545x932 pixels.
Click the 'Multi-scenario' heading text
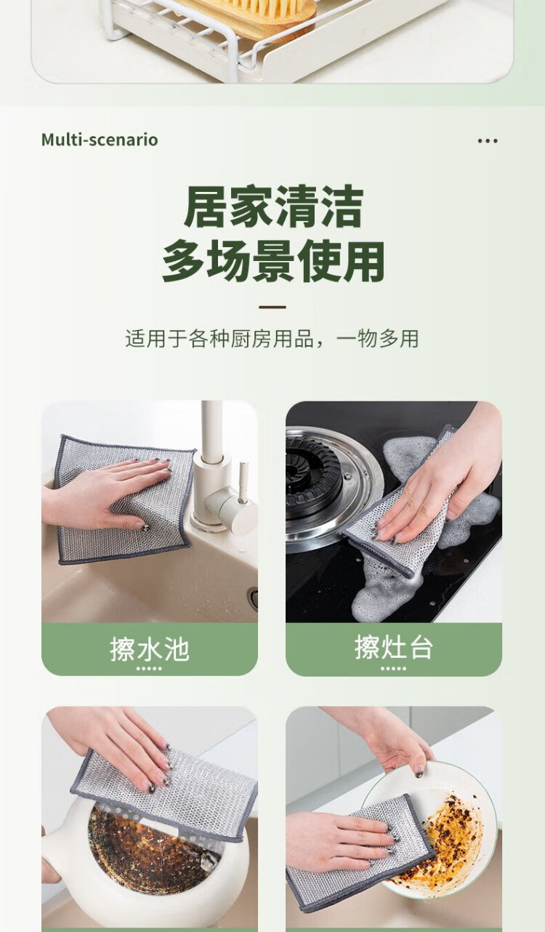pos(100,140)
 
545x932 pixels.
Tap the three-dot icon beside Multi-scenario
pos(487,141)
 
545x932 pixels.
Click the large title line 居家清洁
pos(273,206)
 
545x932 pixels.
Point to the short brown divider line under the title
pos(272,307)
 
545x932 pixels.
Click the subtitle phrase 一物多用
pos(377,338)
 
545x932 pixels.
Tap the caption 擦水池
pos(150,648)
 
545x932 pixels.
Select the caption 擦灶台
pos(394,647)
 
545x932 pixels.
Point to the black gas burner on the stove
pos(314,474)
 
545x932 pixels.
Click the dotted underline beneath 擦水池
pos(149,669)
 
